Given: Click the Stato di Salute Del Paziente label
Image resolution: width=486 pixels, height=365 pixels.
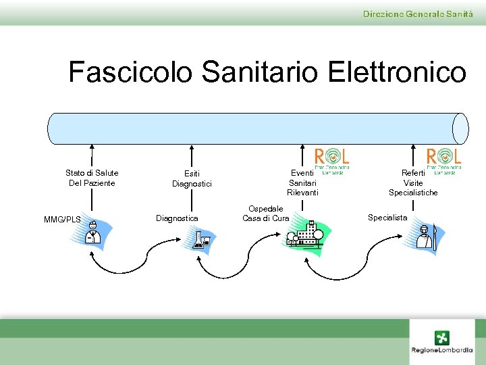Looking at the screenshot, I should click(92, 178).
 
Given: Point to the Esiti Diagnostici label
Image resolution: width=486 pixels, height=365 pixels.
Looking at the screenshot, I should click(192, 179).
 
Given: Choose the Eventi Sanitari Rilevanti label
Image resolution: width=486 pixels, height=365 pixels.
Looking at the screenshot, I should click(302, 183).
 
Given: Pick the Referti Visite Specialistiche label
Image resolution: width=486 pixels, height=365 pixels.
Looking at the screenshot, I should click(412, 183).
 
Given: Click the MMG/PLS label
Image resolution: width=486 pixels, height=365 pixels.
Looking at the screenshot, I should click(62, 220).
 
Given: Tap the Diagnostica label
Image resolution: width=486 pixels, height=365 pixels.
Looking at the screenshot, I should click(177, 218).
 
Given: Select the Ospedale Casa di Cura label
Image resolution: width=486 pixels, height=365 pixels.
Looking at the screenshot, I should click(266, 214).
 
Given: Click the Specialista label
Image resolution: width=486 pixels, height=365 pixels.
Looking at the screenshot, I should click(387, 218).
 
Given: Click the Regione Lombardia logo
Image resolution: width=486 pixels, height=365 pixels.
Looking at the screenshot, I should click(442, 341).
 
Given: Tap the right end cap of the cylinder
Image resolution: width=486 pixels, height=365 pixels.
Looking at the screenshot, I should click(460, 128).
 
